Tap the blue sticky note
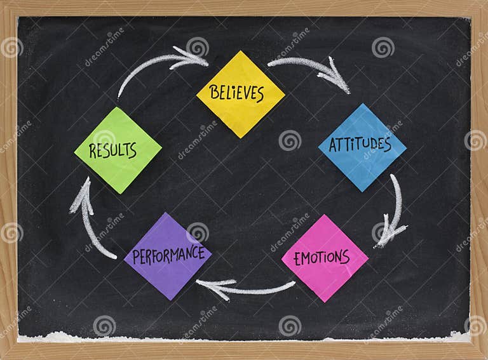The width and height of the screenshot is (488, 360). [362, 147]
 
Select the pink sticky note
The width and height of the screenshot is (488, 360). [325, 258]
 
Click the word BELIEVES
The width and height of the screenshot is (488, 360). [236, 93]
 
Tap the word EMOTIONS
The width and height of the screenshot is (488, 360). [325, 258]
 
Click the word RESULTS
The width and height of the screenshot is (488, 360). [113, 150]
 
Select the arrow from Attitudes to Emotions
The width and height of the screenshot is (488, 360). [395, 210]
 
